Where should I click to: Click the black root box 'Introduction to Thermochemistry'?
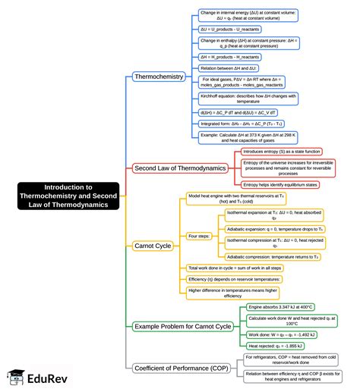(x=68, y=196)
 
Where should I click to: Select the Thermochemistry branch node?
(x=159, y=77)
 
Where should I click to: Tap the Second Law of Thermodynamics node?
(x=179, y=168)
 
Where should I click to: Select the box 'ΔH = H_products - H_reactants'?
(x=230, y=56)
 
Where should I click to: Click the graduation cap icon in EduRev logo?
(x=15, y=377)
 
